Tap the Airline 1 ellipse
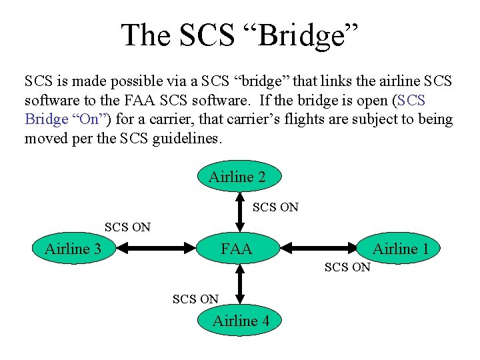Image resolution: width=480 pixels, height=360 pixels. coord(400,249)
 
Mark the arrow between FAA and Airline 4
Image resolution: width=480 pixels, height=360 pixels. coord(241,285)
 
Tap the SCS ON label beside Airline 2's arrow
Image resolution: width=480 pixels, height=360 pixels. coord(275,207)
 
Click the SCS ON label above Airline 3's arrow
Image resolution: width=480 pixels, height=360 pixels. coord(127,227)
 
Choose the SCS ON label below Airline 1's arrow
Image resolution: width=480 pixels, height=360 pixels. coord(347,267)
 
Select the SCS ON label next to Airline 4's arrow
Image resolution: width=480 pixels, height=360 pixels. coord(195,299)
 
